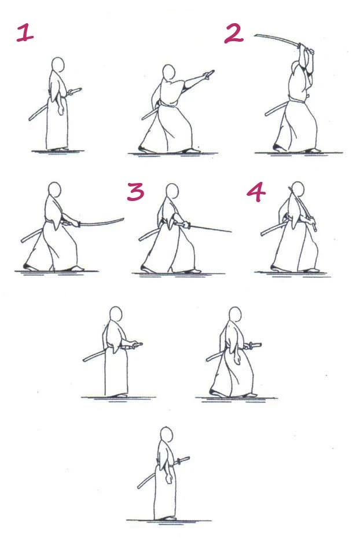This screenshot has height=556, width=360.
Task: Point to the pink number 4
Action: [x=255, y=192]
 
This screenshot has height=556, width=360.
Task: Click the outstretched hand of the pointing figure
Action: [x=210, y=74]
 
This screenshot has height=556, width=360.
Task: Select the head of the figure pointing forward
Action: [x=168, y=72]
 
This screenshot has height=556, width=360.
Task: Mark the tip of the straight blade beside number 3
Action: [x=231, y=232]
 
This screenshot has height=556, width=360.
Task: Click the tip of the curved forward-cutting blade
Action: [x=123, y=219]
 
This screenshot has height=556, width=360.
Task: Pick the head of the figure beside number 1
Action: [x=57, y=64]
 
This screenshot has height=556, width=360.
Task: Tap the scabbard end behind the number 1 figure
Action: [x=30, y=119]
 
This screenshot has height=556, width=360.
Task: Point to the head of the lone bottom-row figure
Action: [x=166, y=435]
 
